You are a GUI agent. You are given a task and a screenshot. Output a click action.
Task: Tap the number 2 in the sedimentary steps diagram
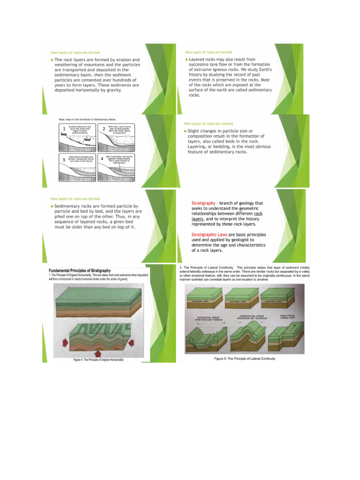point(103,129)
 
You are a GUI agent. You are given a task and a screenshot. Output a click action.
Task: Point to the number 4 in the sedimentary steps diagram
point(102,159)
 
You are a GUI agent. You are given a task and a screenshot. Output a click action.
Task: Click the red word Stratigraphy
point(203,203)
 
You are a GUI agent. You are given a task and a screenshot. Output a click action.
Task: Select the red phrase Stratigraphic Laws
point(210,234)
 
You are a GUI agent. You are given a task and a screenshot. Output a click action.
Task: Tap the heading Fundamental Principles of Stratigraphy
point(80,270)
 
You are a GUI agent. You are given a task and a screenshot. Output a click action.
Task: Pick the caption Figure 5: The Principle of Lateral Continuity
point(245,359)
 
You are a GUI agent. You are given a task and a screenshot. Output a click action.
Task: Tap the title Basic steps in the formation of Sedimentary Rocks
point(88,120)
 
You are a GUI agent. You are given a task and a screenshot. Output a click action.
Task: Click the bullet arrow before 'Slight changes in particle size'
point(186,131)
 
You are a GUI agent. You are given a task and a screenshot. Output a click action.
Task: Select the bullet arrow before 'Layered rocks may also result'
point(187,60)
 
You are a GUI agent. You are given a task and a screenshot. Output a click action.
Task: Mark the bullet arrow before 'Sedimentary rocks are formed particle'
point(52,206)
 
